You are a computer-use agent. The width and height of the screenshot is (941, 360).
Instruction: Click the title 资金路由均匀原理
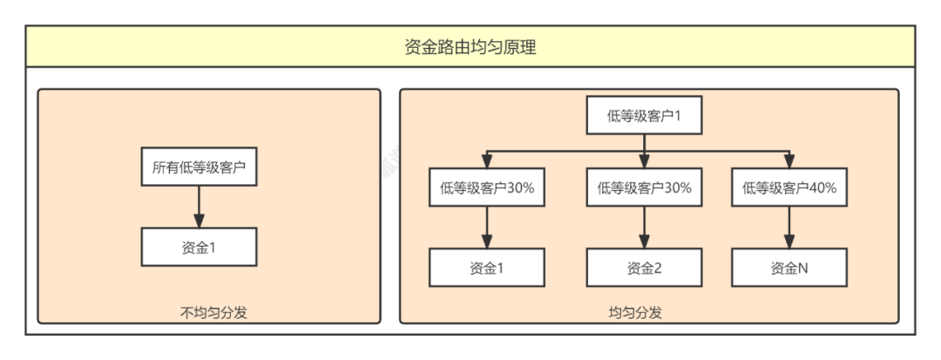(470, 46)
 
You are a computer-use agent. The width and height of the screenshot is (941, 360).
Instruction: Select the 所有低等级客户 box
(199, 168)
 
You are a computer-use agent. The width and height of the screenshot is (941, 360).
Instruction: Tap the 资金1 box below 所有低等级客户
(199, 247)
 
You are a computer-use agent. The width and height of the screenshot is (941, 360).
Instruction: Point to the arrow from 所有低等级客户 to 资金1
(199, 207)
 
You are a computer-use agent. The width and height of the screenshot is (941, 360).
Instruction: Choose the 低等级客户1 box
(644, 116)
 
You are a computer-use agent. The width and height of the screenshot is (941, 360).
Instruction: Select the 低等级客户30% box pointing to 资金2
(644, 187)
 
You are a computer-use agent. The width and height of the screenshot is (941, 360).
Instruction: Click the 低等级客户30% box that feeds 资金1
(487, 187)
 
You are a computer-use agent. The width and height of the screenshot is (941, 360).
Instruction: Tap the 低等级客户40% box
(789, 187)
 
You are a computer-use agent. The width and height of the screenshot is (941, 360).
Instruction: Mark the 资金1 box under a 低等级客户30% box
(487, 268)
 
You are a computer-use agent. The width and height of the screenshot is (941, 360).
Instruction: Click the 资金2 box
(644, 268)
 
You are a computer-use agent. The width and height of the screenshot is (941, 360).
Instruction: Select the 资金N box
(789, 268)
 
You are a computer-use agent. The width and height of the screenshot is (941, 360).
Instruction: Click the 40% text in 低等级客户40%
(823, 187)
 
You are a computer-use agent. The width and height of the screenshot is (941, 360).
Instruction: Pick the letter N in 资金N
(802, 268)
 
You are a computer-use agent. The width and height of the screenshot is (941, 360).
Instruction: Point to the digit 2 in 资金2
(659, 268)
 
